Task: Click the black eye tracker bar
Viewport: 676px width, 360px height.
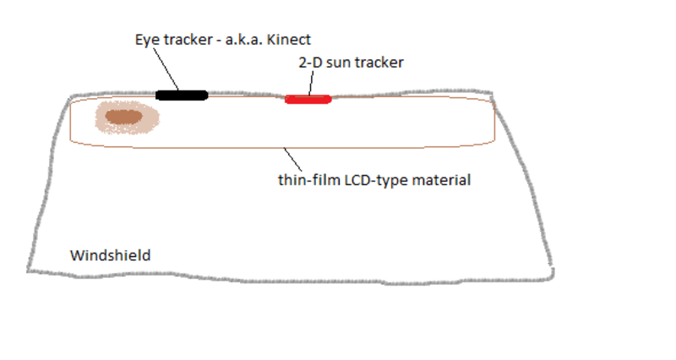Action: (182, 95)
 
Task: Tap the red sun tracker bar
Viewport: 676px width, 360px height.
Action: (308, 100)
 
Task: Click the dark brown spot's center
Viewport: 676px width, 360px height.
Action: (124, 117)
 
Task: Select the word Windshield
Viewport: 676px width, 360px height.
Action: (110, 254)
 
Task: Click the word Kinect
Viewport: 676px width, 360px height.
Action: (292, 40)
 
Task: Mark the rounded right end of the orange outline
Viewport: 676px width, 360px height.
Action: (493, 123)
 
